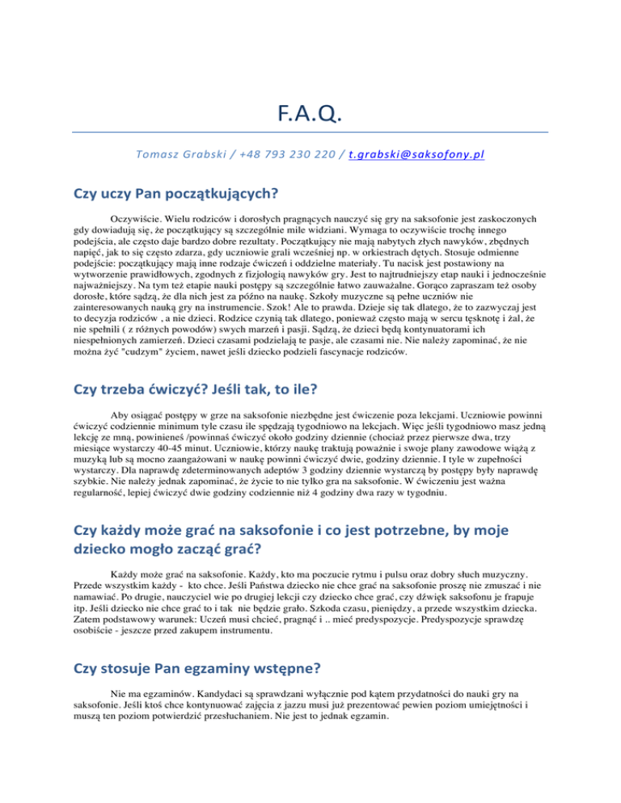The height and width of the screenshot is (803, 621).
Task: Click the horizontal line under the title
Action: (x=310, y=132)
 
